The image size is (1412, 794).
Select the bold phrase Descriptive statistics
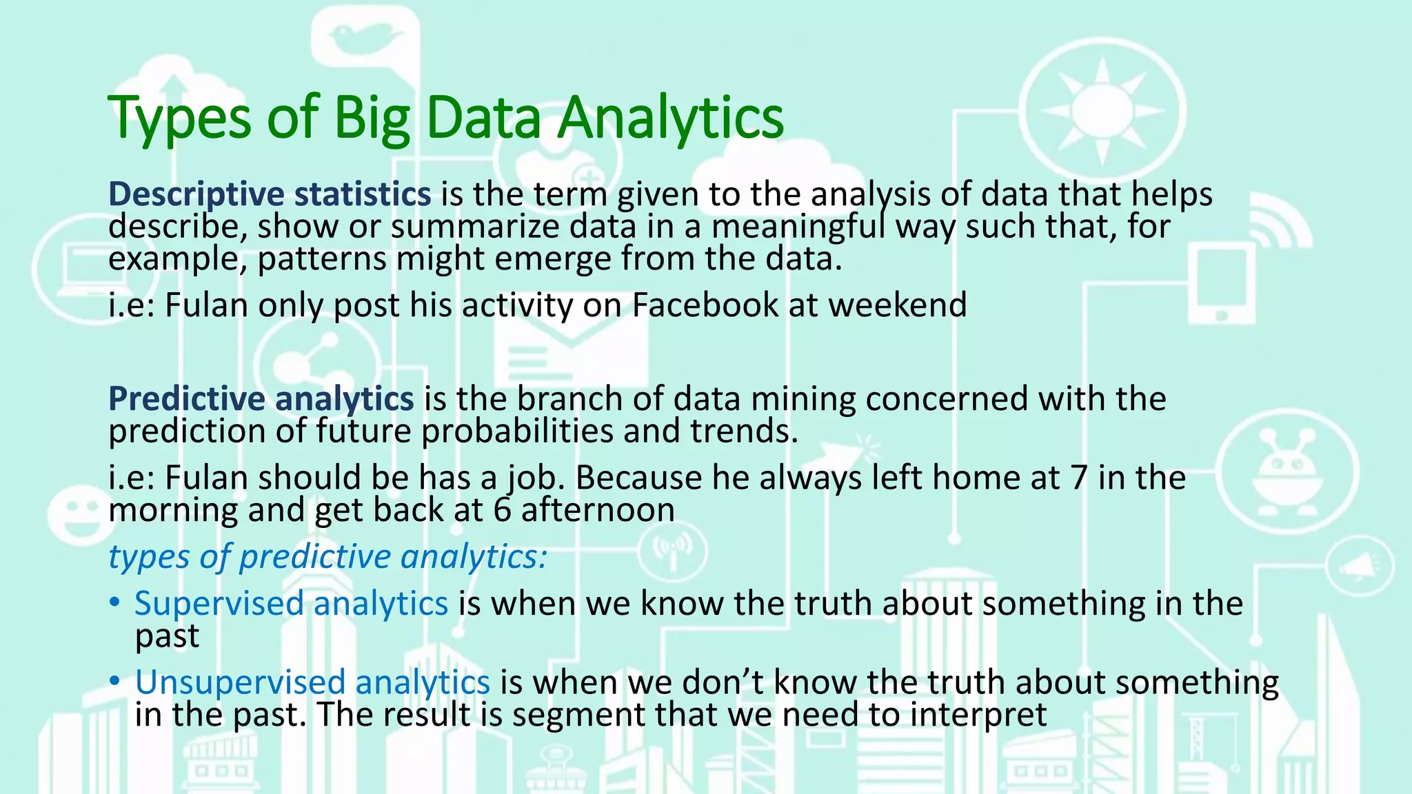coord(270,194)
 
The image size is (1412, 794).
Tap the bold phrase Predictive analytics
coord(261,399)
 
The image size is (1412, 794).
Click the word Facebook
coord(705,305)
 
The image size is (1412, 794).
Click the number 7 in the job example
coord(1079,478)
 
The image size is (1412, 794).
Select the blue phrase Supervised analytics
coord(291,604)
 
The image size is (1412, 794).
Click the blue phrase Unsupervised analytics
coord(312,682)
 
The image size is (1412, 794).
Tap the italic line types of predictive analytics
coord(327,557)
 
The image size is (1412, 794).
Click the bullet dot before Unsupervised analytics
coord(114,682)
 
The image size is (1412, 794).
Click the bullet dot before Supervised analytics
coord(114,603)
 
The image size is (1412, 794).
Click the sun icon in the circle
coord(1102,110)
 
